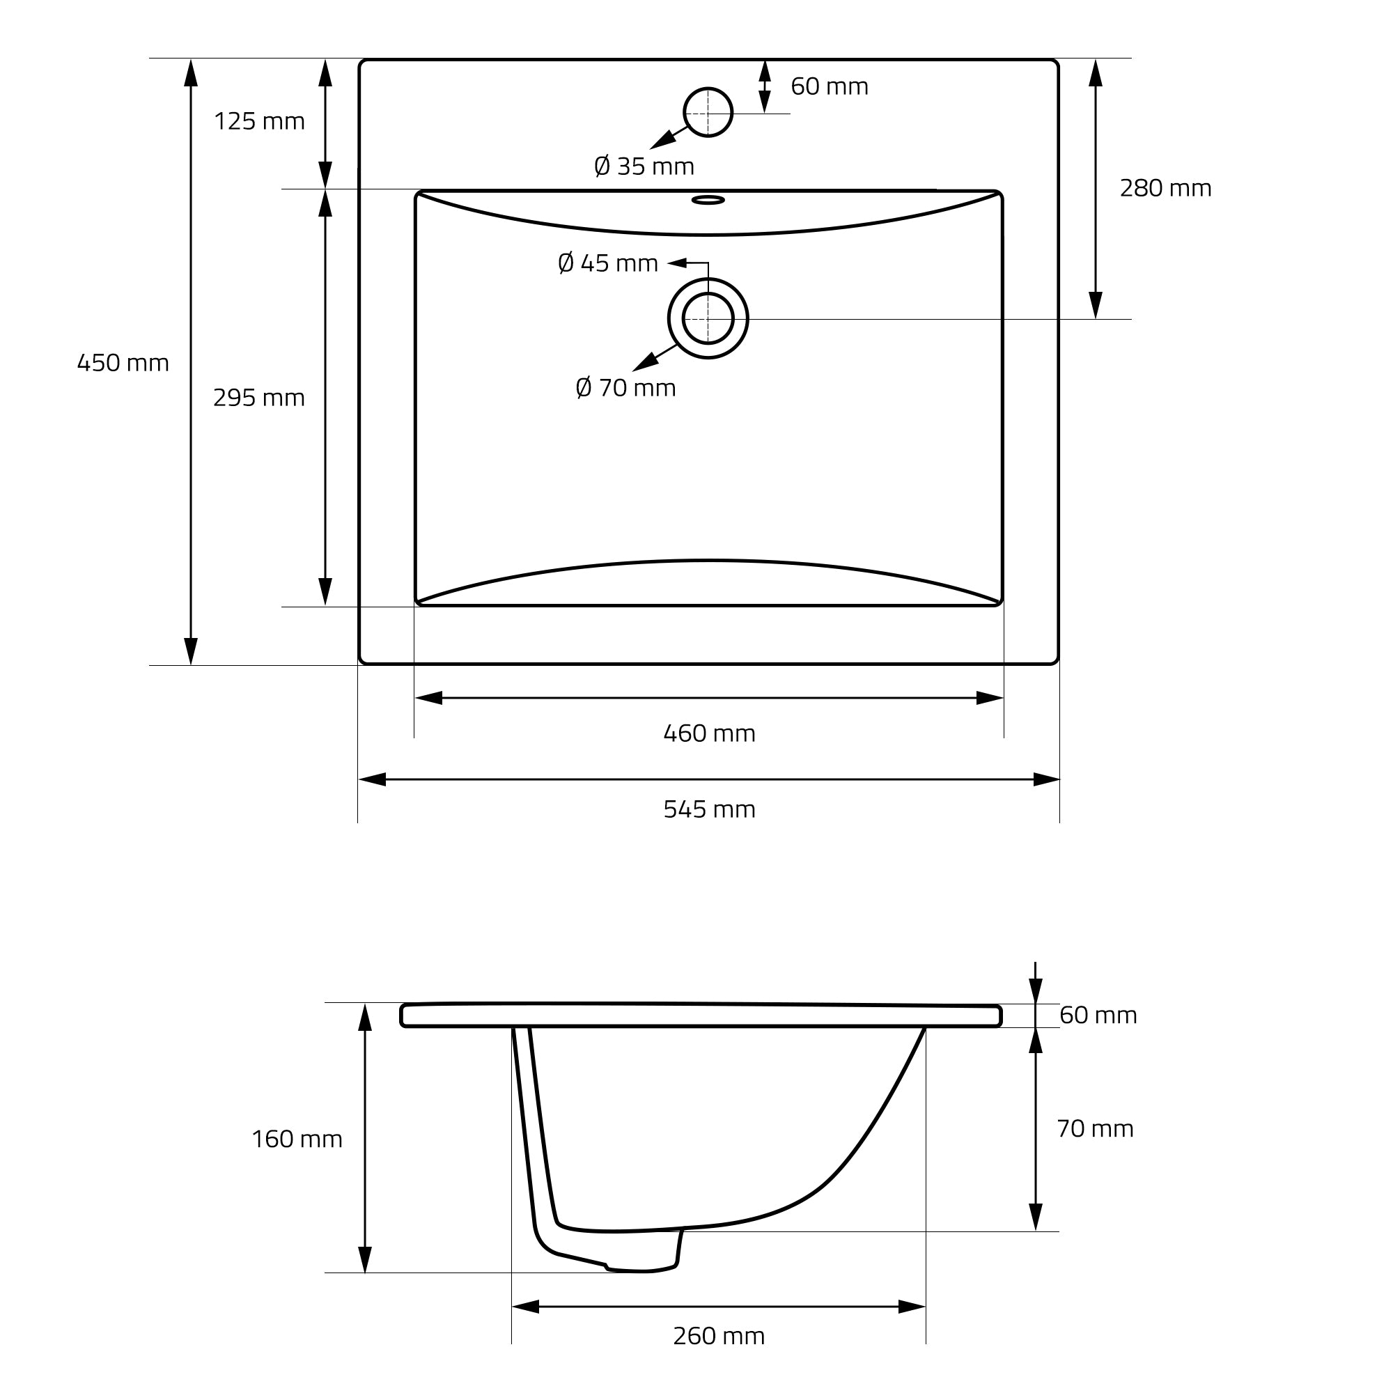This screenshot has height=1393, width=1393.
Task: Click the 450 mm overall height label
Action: point(123,363)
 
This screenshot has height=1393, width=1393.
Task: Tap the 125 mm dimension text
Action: point(260,121)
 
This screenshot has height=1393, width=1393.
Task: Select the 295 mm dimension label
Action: point(260,398)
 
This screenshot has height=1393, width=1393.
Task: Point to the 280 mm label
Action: point(1166,188)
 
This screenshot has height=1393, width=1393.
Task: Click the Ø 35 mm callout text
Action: point(644,166)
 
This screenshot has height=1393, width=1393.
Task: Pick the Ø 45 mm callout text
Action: point(609,264)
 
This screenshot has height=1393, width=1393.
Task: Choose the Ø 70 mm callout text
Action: point(626,388)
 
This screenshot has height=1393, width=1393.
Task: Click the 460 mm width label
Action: point(710,733)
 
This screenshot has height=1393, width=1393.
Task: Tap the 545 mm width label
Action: point(710,809)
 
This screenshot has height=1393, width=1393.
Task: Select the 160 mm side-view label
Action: point(297,1139)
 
